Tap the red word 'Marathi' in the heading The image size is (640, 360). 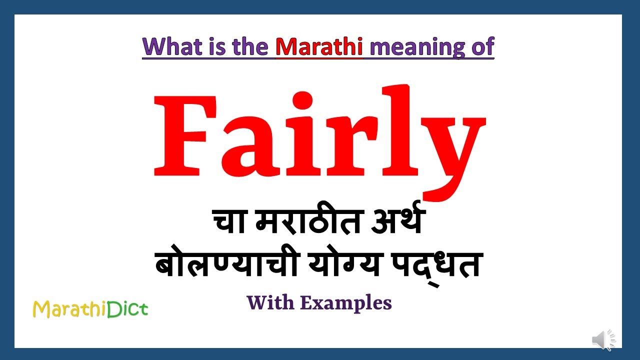(319, 46)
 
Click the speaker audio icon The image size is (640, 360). (603, 340)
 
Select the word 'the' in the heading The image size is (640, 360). (253, 46)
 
